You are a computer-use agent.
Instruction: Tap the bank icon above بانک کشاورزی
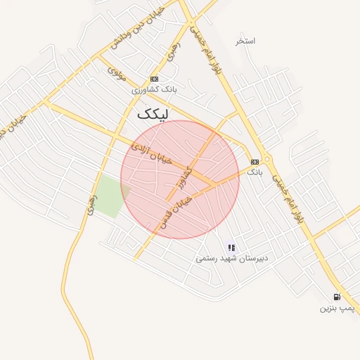[x=154, y=79]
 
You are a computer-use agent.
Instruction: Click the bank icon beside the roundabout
[x=255, y=162]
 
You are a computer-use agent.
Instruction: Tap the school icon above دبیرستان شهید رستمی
[x=231, y=247]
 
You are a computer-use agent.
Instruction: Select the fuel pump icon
[x=337, y=297]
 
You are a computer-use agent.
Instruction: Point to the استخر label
[x=245, y=41]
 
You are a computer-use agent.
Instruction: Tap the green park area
[x=110, y=196]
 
